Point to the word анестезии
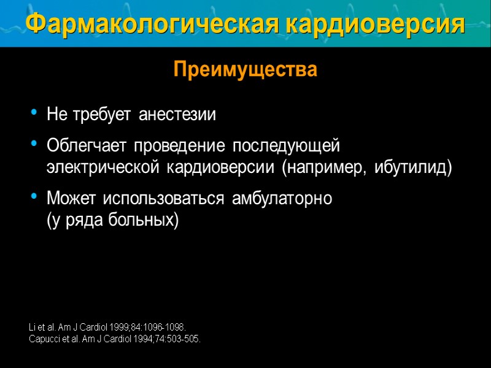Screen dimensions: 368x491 177,115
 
